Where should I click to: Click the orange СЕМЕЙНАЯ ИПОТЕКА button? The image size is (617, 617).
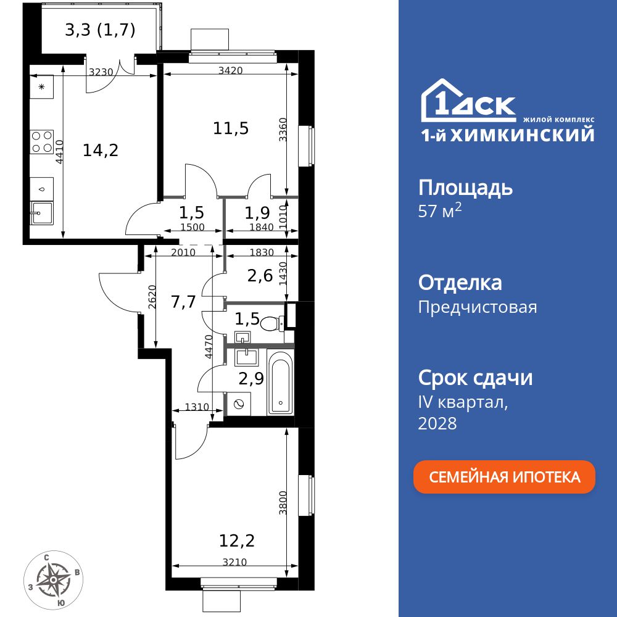(x=504, y=477)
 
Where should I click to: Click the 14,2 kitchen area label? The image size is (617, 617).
(x=101, y=149)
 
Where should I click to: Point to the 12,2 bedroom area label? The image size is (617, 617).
(x=237, y=541)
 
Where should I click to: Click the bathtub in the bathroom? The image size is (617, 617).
(x=281, y=383)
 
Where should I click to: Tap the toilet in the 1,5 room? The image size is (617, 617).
(x=271, y=322)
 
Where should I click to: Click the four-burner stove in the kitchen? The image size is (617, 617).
(x=41, y=141)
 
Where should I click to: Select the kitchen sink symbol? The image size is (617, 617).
(x=41, y=213)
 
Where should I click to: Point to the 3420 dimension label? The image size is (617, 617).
(x=230, y=70)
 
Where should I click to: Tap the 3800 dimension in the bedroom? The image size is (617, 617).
(x=283, y=503)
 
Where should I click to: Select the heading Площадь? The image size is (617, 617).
(x=465, y=187)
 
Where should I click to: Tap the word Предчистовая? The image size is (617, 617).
(x=478, y=307)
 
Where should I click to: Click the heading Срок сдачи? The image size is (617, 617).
(x=475, y=377)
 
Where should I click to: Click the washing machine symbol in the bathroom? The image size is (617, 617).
(x=239, y=404)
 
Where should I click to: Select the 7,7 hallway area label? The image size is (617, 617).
(x=183, y=302)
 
